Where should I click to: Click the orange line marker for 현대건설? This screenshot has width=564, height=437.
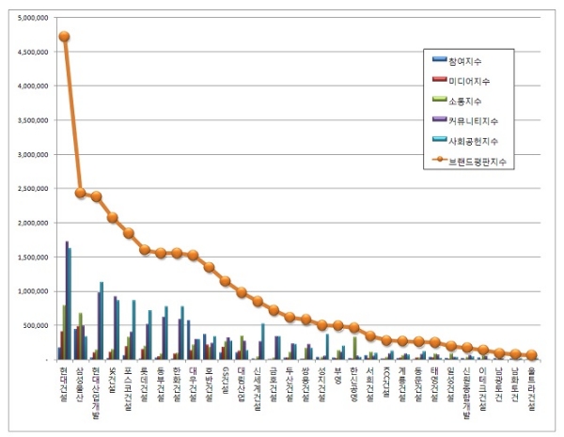(x=64, y=37)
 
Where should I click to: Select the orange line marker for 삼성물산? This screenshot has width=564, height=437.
(x=80, y=193)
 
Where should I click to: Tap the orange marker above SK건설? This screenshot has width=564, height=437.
(x=113, y=217)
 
